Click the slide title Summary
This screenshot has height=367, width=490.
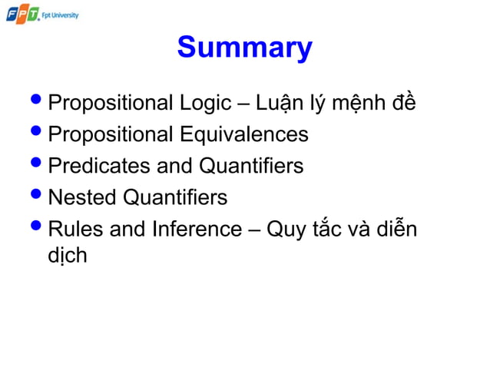click(x=244, y=48)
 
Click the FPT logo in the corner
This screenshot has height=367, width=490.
click(x=22, y=14)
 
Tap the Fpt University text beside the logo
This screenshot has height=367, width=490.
click(x=61, y=15)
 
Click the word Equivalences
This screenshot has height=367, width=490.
click(x=244, y=134)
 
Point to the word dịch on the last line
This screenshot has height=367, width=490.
click(x=67, y=255)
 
